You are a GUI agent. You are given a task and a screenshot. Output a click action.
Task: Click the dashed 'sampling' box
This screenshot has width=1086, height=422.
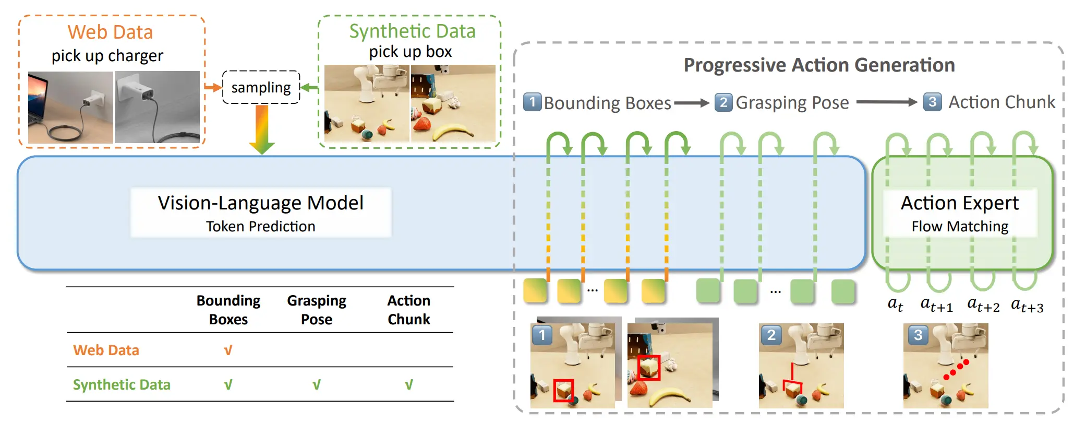tap(261, 87)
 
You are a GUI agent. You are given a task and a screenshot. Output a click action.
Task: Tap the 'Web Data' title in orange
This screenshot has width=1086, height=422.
tap(110, 32)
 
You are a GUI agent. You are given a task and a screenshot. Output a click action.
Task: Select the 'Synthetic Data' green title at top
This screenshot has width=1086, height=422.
tap(412, 31)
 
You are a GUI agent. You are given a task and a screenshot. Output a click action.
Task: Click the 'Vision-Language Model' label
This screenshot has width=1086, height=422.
tap(261, 203)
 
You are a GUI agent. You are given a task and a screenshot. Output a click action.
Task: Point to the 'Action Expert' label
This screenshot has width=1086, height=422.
tap(960, 203)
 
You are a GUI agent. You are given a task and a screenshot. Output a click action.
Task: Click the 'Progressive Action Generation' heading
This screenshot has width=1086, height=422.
tap(819, 65)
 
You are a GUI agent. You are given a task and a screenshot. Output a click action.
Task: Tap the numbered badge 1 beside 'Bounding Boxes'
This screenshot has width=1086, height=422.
tap(532, 102)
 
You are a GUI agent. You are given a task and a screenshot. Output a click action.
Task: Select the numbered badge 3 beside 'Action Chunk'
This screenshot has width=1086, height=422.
tap(932, 102)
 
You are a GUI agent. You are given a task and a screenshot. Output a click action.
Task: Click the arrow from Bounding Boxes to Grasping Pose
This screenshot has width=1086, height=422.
tap(692, 103)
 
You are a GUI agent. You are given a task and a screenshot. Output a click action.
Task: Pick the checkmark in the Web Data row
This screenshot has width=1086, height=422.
tap(228, 350)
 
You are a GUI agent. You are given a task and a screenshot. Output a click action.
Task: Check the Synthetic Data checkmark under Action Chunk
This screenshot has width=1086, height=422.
tap(409, 385)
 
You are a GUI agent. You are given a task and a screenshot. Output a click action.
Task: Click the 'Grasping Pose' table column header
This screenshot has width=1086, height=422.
tap(317, 310)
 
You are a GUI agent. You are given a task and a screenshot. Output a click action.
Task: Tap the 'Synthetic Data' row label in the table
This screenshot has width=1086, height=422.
tap(122, 384)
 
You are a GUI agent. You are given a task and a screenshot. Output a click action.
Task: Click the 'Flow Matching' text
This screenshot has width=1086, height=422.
tap(960, 226)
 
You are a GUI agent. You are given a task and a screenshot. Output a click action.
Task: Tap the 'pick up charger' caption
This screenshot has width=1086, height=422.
tap(107, 55)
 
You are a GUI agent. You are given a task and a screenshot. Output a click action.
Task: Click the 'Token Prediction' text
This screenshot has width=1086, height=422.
tap(261, 226)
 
